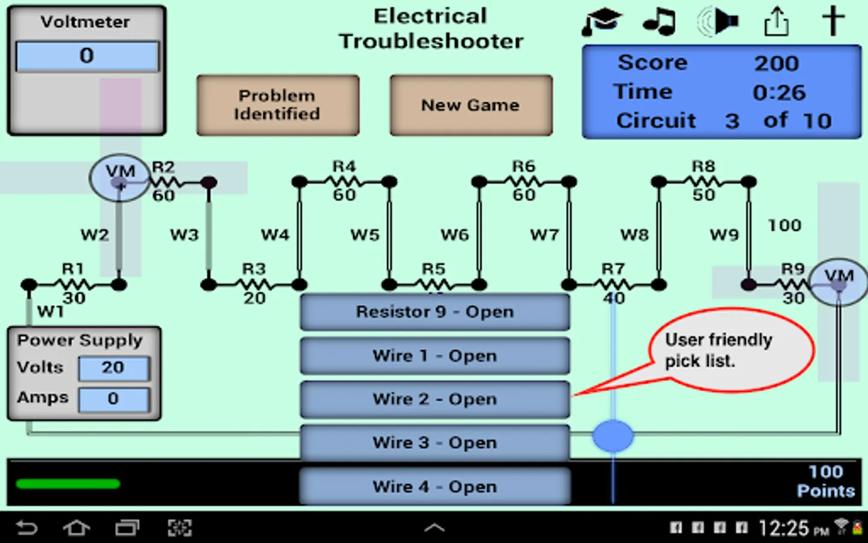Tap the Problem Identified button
[x=278, y=105]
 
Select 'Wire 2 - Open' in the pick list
[x=435, y=399]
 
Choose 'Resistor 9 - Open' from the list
[x=435, y=312]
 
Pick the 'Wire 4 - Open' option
[x=435, y=486]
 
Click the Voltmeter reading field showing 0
[x=87, y=56]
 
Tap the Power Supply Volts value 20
[x=113, y=367]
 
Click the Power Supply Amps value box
[x=113, y=399]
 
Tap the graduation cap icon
[x=602, y=22]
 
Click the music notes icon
[x=659, y=22]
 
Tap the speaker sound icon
[x=717, y=22]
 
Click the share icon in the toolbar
[x=776, y=22]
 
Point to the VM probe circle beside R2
[x=119, y=177]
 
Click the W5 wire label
[x=365, y=235]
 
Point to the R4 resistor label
[x=344, y=167]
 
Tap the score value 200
[x=776, y=63]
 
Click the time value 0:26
[x=779, y=92]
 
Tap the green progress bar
[x=68, y=484]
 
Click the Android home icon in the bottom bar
[x=77, y=529]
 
